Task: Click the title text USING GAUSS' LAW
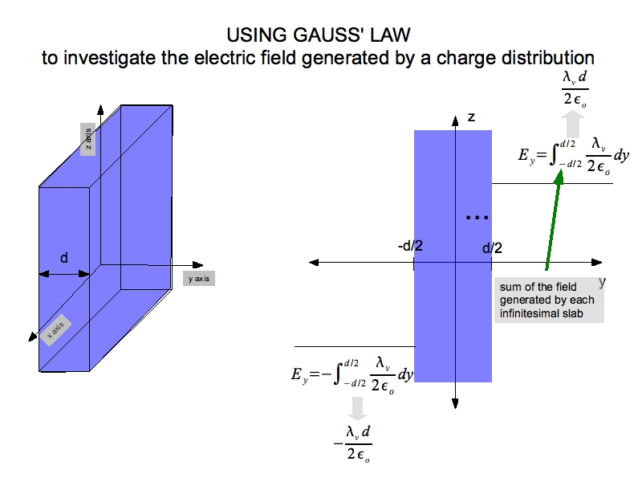coord(320,35)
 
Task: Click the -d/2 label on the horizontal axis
coord(410,245)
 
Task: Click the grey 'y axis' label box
coord(200,279)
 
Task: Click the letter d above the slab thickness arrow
coord(64,257)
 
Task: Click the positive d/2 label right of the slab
coord(492,248)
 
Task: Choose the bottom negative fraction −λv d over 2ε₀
coord(353,442)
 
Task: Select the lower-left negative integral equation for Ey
coord(351,374)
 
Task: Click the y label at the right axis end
coord(602,281)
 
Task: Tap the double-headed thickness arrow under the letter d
coord(64,274)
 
